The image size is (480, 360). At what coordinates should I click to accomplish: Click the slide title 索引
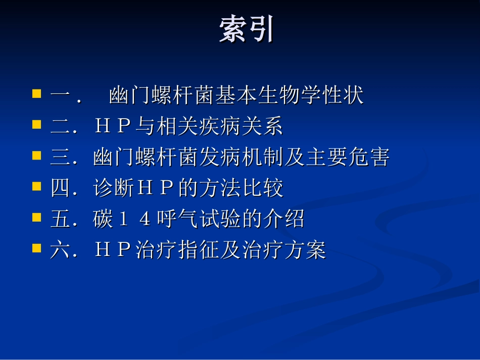click(x=247, y=30)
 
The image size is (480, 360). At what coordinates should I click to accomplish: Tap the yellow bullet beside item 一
click(x=36, y=94)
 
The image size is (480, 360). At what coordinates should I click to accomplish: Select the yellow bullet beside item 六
click(x=36, y=248)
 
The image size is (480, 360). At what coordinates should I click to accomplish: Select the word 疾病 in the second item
click(x=209, y=126)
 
